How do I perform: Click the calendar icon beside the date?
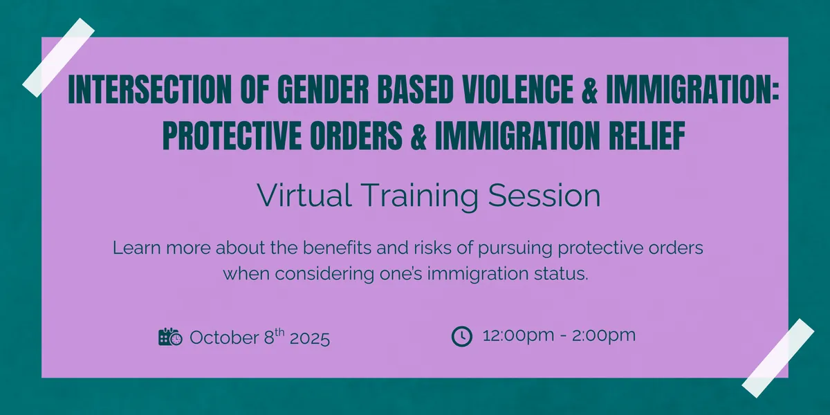pos(170,338)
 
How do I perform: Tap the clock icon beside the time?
pos(461,337)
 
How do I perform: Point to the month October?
pos(223,338)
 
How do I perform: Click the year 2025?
pos(310,338)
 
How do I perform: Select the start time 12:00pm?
pos(515,337)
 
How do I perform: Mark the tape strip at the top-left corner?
pos(59,57)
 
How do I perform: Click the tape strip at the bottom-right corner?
pos(778,358)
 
